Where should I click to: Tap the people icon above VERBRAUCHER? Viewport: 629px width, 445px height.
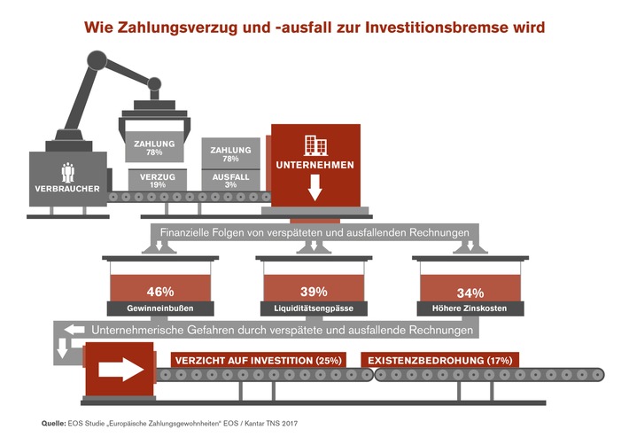click(x=68, y=173)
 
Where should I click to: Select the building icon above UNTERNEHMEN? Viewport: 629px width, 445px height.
click(x=315, y=145)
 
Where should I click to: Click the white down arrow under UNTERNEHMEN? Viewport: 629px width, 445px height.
click(x=314, y=187)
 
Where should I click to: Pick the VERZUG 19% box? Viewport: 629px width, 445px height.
click(x=158, y=180)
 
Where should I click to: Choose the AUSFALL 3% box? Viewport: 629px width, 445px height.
click(x=230, y=180)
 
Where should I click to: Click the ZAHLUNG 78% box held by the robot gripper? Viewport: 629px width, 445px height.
click(x=154, y=147)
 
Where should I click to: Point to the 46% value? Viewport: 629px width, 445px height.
click(x=160, y=292)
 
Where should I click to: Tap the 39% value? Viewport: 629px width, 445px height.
click(x=314, y=292)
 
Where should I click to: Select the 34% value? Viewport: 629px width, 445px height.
click(x=470, y=293)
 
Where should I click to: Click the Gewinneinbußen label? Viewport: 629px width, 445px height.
click(x=160, y=308)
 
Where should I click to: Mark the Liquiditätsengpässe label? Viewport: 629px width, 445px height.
click(x=314, y=308)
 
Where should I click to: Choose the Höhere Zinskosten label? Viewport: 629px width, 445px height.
click(x=470, y=308)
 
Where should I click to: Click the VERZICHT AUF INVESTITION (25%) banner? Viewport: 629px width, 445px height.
click(x=259, y=360)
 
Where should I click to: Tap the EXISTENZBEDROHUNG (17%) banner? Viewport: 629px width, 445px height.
click(x=440, y=360)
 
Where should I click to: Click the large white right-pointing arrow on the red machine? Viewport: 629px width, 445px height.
click(x=121, y=370)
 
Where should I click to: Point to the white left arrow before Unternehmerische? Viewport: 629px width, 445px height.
click(x=74, y=330)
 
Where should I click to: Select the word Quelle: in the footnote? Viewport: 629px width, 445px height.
click(x=54, y=424)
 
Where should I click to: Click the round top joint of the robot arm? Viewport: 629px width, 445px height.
click(x=97, y=60)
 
